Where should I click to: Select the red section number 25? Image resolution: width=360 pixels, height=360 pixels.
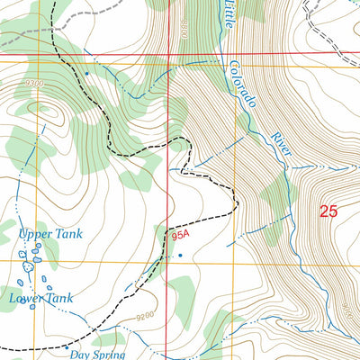tap(329, 211)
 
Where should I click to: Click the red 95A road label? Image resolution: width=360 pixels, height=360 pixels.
tap(180, 238)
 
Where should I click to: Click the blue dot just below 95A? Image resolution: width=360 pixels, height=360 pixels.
tap(180, 255)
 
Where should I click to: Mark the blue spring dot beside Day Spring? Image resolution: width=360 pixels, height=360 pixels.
tap(67, 346)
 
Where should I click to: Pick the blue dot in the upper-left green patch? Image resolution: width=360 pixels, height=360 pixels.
tap(87, 73)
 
